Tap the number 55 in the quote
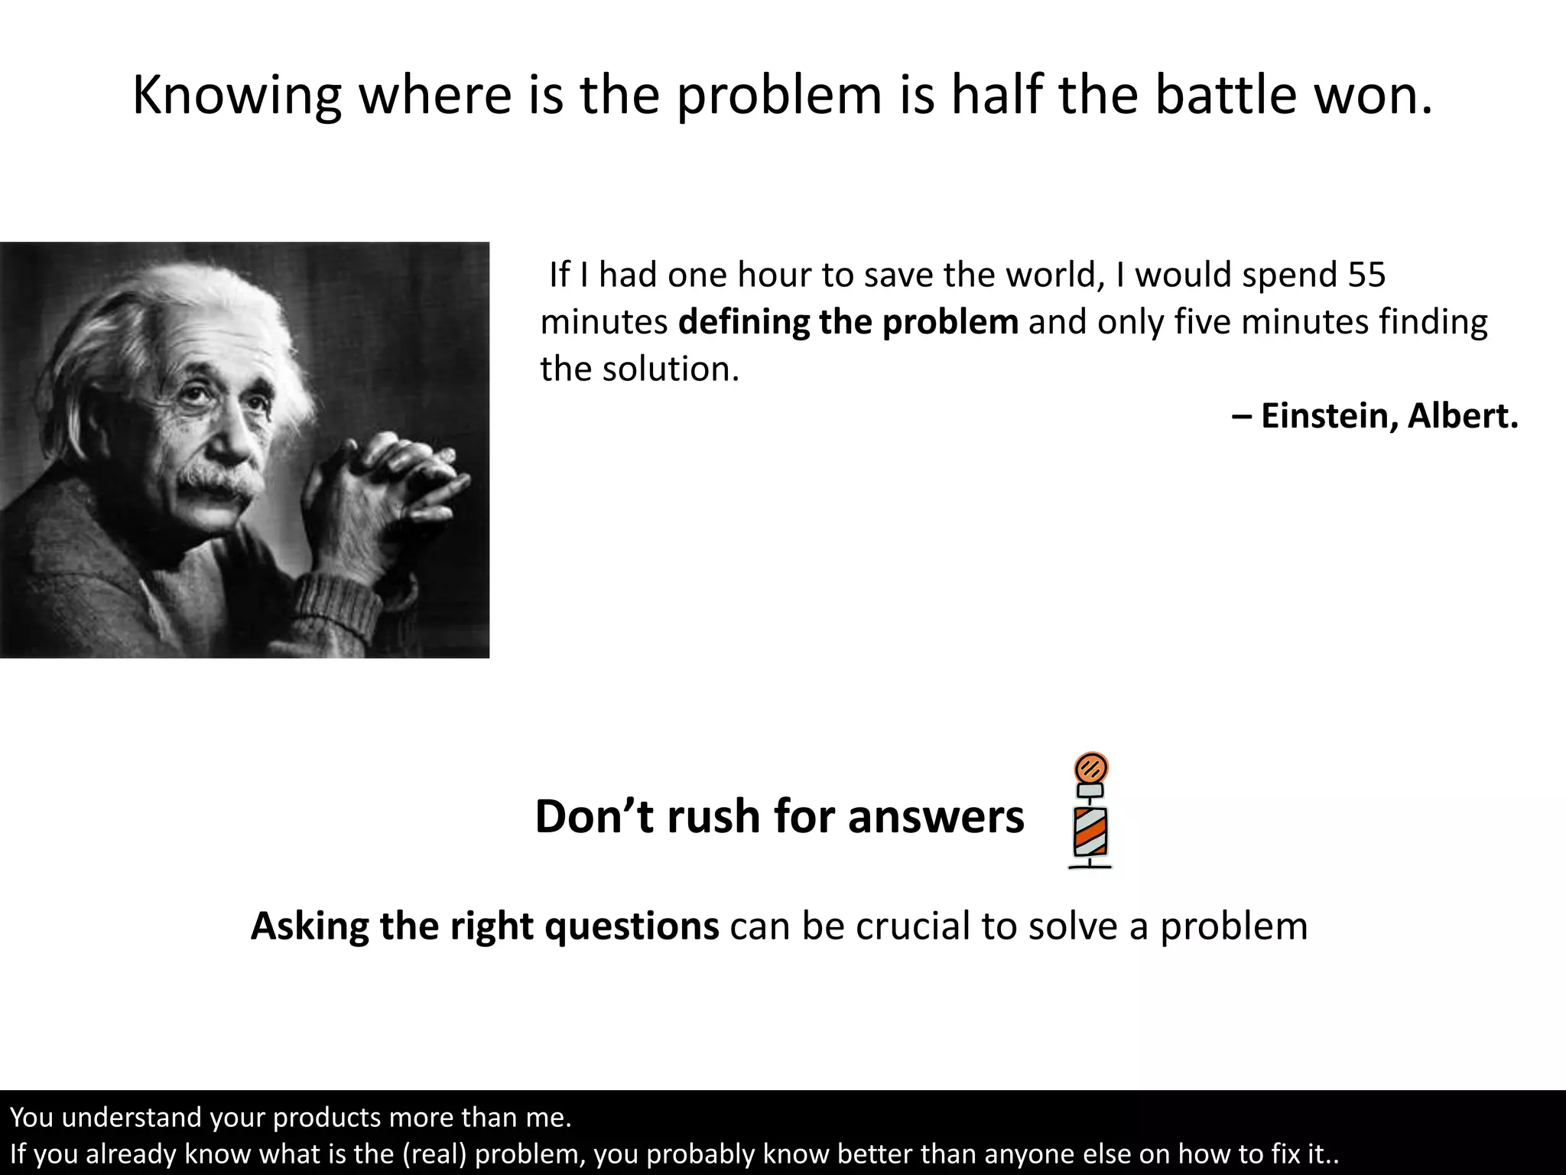point(1366,275)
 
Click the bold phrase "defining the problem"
point(848,322)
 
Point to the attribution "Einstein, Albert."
point(1389,416)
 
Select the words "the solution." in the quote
point(640,369)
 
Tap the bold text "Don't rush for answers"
point(779,816)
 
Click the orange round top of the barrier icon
point(1091,767)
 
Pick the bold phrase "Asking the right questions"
point(485,926)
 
